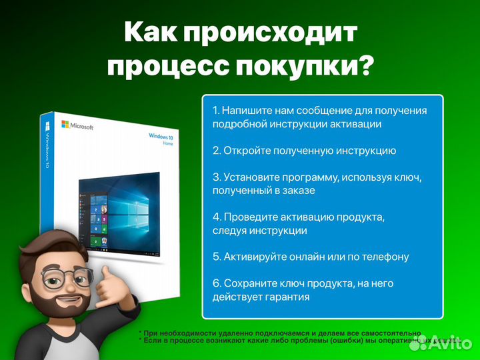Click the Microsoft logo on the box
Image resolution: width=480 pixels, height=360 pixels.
pyautogui.click(x=77, y=125)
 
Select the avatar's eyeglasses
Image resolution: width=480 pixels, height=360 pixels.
pyautogui.click(x=67, y=277)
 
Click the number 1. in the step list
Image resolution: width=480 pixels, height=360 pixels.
pyautogui.click(x=216, y=110)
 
